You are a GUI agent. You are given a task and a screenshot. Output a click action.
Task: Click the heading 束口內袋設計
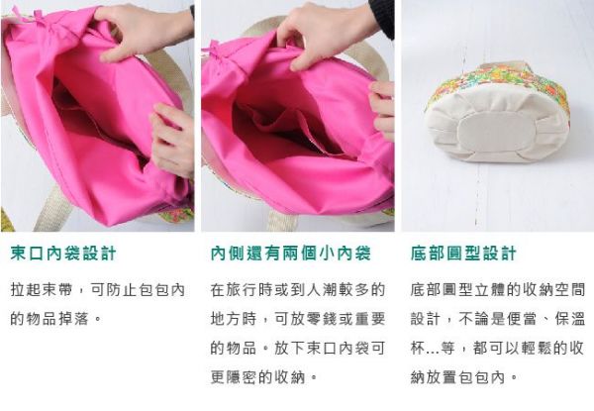pyautogui.click(x=63, y=254)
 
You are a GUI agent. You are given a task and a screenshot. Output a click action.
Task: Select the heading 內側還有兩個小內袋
pyautogui.click(x=290, y=254)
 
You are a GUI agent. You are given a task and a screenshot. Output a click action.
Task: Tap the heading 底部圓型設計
pyautogui.click(x=463, y=254)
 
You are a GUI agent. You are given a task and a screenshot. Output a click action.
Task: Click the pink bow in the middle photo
pyautogui.click(x=217, y=51)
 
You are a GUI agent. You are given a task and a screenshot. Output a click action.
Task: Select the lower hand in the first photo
pyautogui.click(x=172, y=139)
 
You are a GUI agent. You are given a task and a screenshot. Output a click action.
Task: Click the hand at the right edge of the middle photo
pyautogui.click(x=382, y=109)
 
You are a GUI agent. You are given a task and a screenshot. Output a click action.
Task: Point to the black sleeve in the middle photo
pyautogui.click(x=382, y=17)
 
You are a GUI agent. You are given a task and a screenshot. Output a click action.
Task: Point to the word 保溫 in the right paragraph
pyautogui.click(x=570, y=319)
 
